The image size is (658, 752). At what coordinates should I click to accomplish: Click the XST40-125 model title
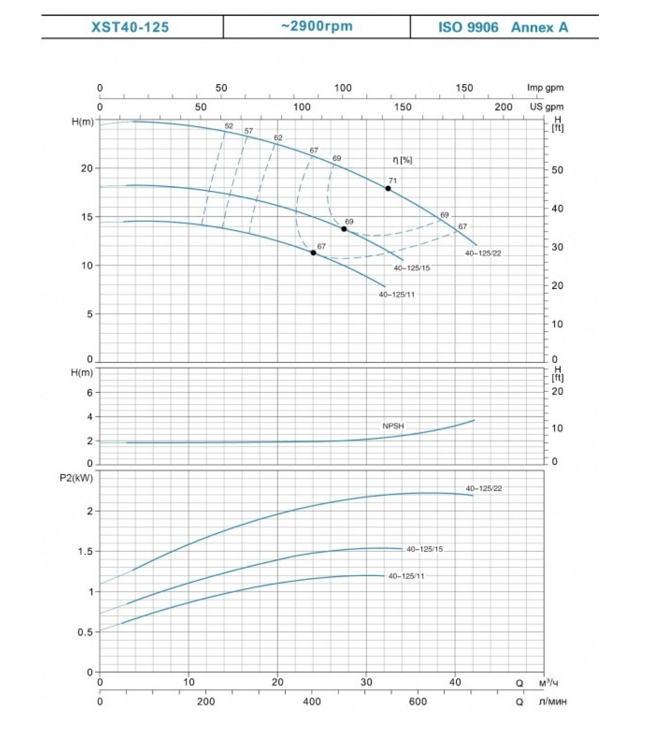coord(130,27)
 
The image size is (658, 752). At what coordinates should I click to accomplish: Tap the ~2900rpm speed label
coord(317,26)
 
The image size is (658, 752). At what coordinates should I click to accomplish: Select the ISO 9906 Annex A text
coord(503,27)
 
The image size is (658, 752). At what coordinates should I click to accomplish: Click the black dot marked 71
coord(388,188)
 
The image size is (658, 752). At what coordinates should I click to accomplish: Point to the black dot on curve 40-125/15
coord(344,229)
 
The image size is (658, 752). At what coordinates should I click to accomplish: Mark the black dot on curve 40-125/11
coord(313,253)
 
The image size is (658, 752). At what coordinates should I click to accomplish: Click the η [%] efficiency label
coord(402,160)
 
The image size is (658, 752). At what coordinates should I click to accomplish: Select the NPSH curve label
coord(393,426)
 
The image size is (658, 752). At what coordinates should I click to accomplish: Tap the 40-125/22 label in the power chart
coord(484,488)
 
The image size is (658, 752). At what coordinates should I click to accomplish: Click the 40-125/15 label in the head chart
coord(412,268)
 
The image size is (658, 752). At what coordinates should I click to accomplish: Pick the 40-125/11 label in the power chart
coord(406,576)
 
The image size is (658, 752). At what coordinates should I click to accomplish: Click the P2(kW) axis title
coord(76,478)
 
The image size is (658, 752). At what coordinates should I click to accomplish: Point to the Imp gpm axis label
coord(545,87)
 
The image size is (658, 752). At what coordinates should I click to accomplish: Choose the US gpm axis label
coord(546,107)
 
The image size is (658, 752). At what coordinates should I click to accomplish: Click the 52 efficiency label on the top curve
coord(229,126)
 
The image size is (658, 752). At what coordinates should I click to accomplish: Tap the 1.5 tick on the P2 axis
coord(85,551)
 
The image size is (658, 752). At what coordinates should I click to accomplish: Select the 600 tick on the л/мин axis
coord(417,702)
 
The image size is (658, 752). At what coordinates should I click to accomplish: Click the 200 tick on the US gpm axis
coord(503,107)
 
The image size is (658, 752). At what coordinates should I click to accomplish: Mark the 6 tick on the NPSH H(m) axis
coord(90,392)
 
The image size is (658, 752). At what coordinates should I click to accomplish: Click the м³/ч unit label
coord(548,682)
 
